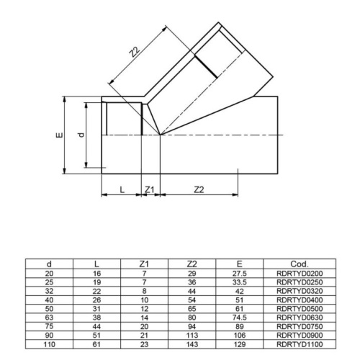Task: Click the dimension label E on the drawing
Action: (57, 135)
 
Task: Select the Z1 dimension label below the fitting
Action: (150, 189)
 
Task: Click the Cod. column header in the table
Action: (300, 264)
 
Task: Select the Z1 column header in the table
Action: (144, 264)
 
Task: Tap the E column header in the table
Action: (240, 264)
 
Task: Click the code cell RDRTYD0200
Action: (300, 274)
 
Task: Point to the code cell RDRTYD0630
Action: (300, 317)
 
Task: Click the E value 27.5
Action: (240, 274)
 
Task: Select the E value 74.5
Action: (240, 317)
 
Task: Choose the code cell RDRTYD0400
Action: (300, 300)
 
